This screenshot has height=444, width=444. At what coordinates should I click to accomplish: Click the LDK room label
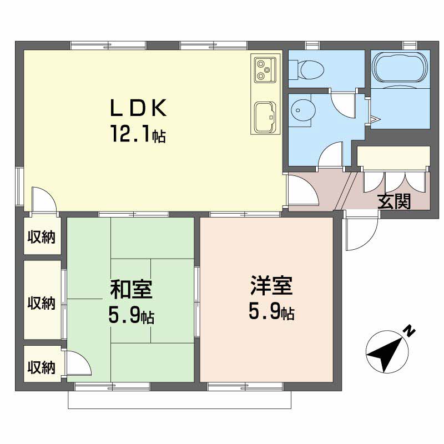click(138, 108)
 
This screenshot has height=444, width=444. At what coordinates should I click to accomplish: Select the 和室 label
click(131, 289)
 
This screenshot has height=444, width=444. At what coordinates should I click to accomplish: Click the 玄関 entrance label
click(394, 201)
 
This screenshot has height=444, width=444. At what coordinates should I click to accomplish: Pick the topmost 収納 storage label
click(41, 237)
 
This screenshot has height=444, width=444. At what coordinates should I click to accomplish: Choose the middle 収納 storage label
click(41, 302)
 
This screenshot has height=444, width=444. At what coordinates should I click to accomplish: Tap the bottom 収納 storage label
click(41, 367)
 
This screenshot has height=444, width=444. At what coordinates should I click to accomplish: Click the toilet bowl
click(307, 70)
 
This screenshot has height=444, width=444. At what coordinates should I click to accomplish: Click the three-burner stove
click(265, 70)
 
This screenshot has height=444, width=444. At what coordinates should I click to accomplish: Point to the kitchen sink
click(265, 117)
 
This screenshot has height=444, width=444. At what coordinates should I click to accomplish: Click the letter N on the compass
click(409, 331)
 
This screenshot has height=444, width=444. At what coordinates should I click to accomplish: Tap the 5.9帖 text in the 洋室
click(271, 311)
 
